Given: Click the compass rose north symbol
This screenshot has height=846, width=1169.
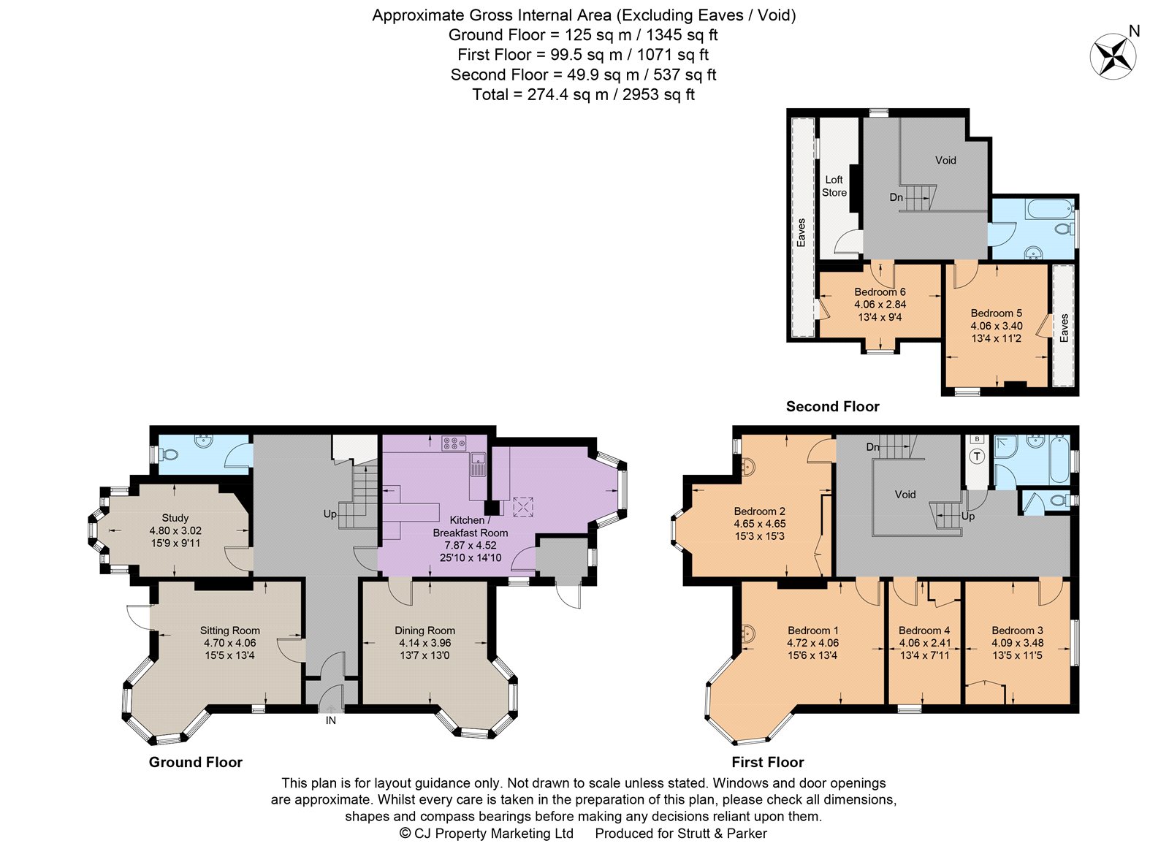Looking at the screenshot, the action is pyautogui.click(x=1113, y=56).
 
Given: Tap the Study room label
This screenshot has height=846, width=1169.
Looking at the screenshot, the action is pyautogui.click(x=175, y=518).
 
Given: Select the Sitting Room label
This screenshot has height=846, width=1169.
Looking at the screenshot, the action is pyautogui.click(x=229, y=630).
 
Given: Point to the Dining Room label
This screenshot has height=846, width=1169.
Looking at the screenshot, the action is pyautogui.click(x=424, y=630).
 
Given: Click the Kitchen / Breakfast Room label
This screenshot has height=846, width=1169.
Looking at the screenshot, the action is pyautogui.click(x=471, y=526).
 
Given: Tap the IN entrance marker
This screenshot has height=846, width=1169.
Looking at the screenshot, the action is pyautogui.click(x=331, y=720).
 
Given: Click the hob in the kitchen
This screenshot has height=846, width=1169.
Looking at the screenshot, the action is pyautogui.click(x=454, y=443).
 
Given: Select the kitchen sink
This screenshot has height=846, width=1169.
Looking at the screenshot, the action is pyautogui.click(x=477, y=464).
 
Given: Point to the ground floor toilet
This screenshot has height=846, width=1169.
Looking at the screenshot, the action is pyautogui.click(x=170, y=454).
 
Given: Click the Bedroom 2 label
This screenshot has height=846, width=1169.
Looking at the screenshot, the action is pyautogui.click(x=759, y=511).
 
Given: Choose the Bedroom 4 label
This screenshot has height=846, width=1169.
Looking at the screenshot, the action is pyautogui.click(x=924, y=630).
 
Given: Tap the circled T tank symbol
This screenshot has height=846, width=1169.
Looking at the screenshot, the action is pyautogui.click(x=977, y=457).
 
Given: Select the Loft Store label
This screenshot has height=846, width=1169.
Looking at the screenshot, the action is pyautogui.click(x=834, y=186).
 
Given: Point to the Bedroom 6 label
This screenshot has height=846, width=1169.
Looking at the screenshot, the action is pyautogui.click(x=880, y=291).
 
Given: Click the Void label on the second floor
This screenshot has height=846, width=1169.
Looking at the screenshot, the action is pyautogui.click(x=945, y=160).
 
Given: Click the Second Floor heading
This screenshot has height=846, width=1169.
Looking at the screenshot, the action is pyautogui.click(x=832, y=406).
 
